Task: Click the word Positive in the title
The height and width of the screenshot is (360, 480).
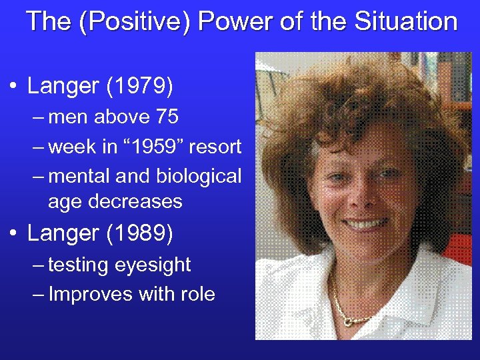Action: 130,21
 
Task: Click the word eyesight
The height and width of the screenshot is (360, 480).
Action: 153,265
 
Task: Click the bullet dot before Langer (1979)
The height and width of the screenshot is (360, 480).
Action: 14,87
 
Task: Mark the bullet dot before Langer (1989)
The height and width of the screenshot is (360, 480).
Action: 14,234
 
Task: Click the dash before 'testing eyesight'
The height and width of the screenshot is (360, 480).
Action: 37,265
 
